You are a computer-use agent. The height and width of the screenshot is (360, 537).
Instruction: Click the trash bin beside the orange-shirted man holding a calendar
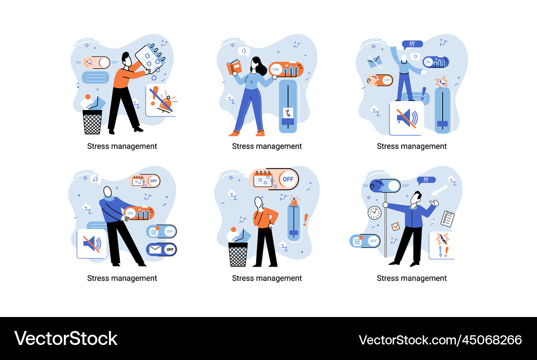click(x=92, y=122)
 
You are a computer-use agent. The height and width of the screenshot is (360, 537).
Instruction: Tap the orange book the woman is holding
click(x=234, y=68)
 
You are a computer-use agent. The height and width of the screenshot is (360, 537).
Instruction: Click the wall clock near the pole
click(x=374, y=212)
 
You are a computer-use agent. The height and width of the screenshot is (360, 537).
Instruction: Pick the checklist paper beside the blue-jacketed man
click(x=447, y=218)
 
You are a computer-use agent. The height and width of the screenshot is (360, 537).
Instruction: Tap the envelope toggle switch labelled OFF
click(x=161, y=249)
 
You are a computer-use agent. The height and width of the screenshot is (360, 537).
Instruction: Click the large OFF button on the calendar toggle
click(x=288, y=179)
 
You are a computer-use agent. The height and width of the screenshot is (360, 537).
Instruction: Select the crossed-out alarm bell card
click(x=161, y=100)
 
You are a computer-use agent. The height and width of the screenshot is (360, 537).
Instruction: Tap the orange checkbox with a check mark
click(x=395, y=226)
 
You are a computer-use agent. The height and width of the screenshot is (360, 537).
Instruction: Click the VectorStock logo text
click(x=66, y=339)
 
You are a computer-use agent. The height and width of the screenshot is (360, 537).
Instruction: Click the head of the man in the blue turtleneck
click(x=108, y=192)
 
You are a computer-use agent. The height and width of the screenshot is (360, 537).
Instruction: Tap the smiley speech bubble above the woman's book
click(x=243, y=51)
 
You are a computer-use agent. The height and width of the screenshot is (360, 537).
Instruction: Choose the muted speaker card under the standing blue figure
click(x=405, y=118)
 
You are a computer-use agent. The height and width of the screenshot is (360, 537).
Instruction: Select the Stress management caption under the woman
click(x=267, y=146)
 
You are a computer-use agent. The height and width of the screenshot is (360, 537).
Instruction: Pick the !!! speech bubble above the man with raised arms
click(x=412, y=44)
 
